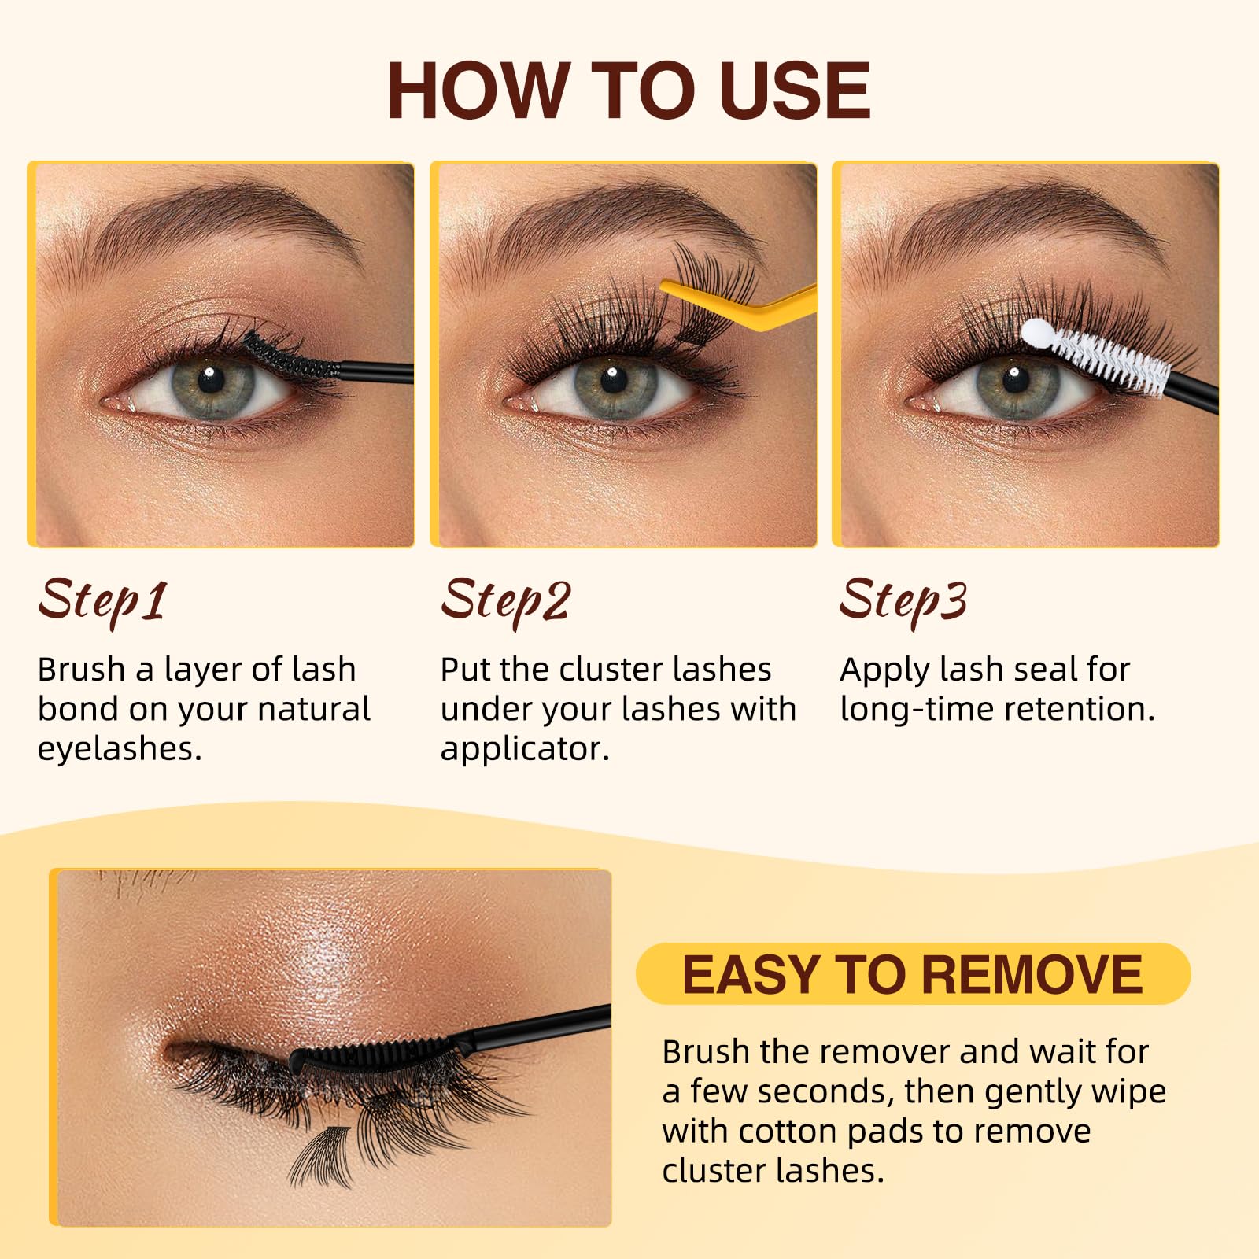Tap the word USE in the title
(x=794, y=90)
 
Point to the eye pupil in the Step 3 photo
(x=1015, y=380)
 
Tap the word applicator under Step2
(x=525, y=750)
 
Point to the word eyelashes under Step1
(x=120, y=750)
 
